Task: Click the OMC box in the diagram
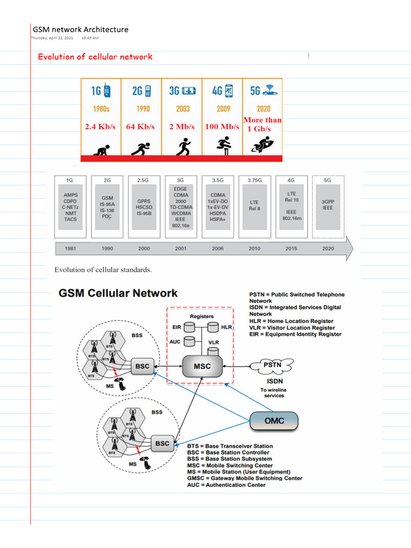point(275,421)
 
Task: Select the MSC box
point(203,367)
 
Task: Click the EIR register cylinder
point(189,326)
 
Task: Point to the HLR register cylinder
point(213,326)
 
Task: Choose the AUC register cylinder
point(189,341)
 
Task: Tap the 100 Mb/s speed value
point(222,127)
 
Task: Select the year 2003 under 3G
point(182,109)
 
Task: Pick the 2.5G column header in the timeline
point(143,180)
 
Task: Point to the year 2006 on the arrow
point(218,249)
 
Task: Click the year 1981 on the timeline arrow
point(70,249)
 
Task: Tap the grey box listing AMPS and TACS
point(71,207)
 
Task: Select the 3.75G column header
point(254,180)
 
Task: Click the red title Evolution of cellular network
point(95,57)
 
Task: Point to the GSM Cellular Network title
point(118,293)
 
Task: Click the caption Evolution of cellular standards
point(103,270)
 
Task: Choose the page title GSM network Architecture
point(81,29)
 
